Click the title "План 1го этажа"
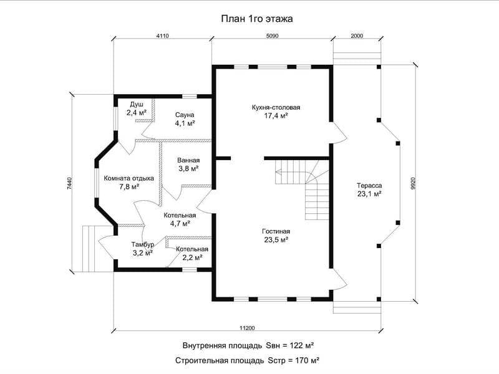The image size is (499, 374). (257, 19)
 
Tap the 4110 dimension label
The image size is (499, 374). (162, 36)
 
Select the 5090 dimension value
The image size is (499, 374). (272, 36)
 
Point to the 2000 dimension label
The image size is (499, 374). (357, 36)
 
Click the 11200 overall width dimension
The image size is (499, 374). (247, 328)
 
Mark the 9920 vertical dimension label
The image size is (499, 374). (413, 183)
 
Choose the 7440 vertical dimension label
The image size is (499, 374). (70, 183)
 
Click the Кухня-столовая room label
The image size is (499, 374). (276, 107)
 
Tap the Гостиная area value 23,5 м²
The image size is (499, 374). (276, 240)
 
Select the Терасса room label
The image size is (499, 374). (369, 185)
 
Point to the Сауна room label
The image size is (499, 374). (185, 115)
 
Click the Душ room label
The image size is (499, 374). (137, 105)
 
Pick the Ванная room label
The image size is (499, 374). (188, 161)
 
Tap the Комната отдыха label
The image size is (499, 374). (129, 178)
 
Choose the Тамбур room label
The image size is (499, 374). (143, 244)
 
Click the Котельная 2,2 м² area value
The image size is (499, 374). (192, 257)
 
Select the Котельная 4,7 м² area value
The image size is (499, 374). (180, 224)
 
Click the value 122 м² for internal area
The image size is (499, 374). (302, 345)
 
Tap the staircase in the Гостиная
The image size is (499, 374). (303, 190)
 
